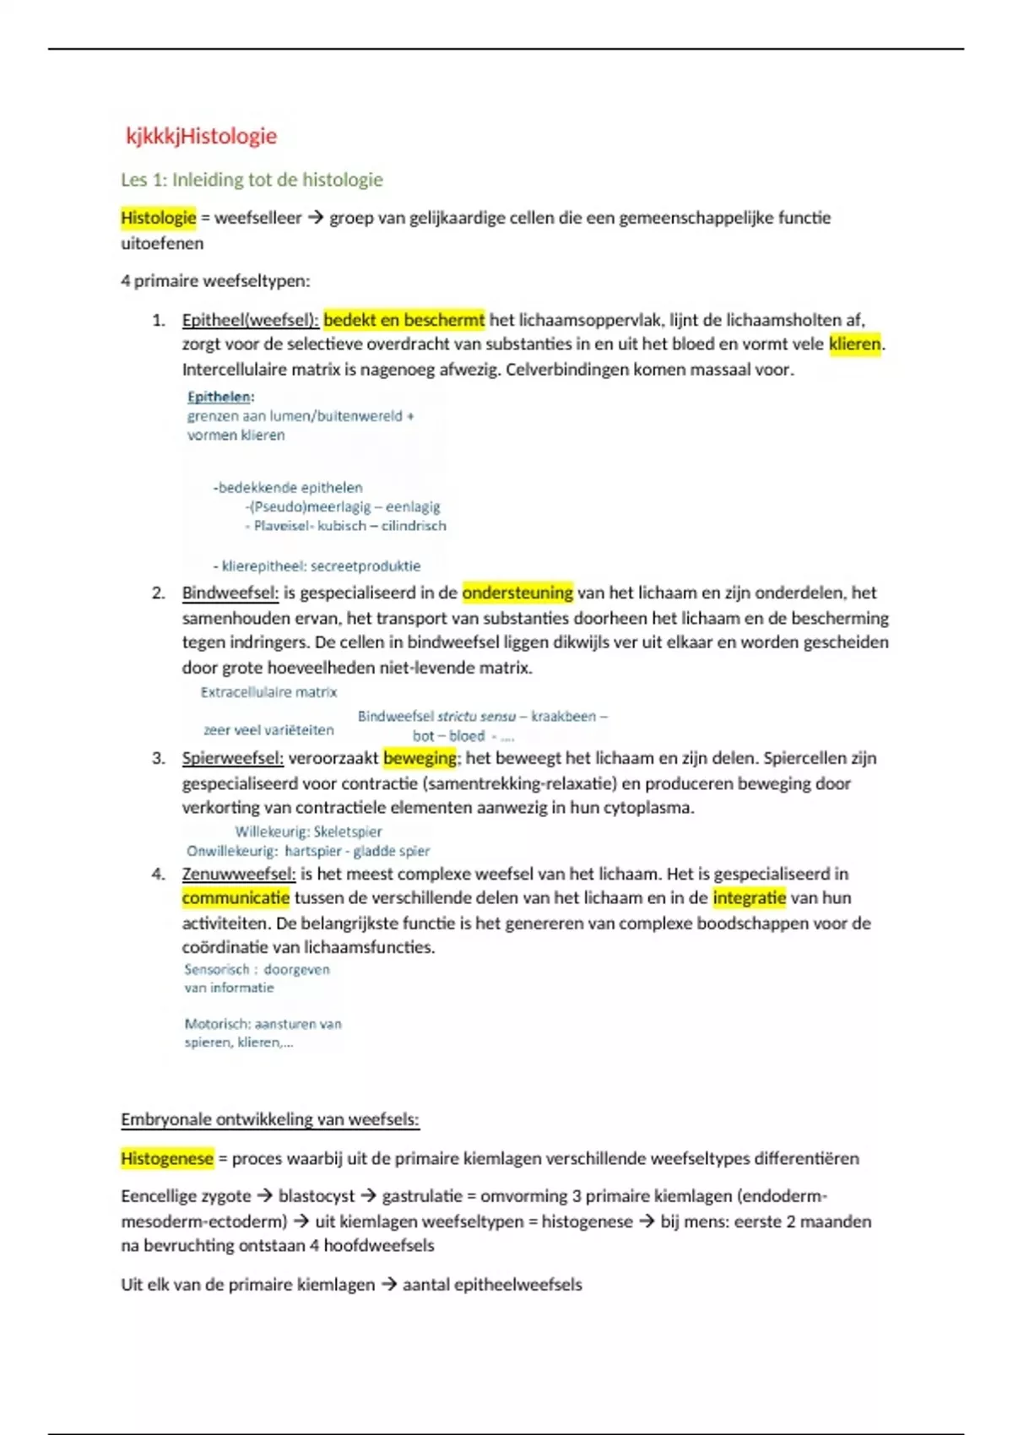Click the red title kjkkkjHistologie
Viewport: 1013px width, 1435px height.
(201, 136)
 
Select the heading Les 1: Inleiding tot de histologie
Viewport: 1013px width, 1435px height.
(252, 180)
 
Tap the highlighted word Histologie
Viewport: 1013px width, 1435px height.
(158, 218)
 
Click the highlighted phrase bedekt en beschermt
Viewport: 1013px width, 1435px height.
(404, 320)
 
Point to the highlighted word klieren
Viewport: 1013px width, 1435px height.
(854, 344)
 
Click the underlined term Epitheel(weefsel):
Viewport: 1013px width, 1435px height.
(250, 320)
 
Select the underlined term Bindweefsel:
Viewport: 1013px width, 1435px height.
(230, 593)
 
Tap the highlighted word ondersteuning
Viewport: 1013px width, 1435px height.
(517, 593)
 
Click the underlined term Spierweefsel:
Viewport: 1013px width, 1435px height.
(232, 758)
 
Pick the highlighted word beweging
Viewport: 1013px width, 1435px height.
(420, 758)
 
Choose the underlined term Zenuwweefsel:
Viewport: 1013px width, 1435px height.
(238, 874)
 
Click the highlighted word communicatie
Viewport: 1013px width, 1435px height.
(236, 898)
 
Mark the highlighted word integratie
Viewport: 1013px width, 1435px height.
(749, 898)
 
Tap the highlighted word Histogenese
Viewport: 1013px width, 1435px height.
(166, 1159)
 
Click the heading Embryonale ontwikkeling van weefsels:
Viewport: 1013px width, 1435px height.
(269, 1120)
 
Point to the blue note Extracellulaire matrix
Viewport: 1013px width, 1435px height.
(268, 692)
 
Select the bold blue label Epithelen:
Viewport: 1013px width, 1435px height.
(220, 397)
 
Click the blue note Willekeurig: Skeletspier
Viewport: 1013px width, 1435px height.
(308, 831)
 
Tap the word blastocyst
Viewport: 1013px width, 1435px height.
(317, 1196)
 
